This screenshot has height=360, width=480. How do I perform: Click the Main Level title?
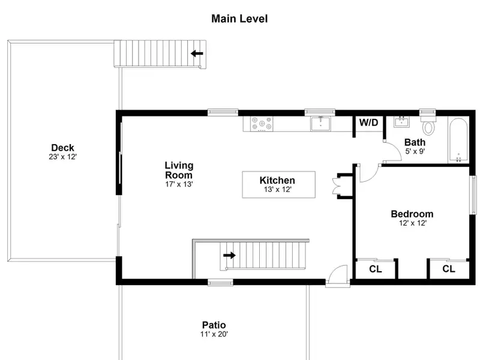click(239, 19)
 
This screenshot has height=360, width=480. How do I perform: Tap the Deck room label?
click(62, 148)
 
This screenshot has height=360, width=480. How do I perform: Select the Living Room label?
click(179, 170)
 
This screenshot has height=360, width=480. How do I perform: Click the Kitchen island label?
click(277, 181)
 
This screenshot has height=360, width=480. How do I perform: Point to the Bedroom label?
click(412, 214)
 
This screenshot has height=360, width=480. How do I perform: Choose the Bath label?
click(415, 142)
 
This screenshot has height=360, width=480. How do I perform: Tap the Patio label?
click(214, 325)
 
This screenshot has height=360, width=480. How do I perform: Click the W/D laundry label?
click(368, 122)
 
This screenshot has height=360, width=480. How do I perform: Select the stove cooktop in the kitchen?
click(262, 124)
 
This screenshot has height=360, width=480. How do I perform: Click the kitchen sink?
click(320, 124)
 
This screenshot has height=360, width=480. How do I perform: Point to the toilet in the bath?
click(428, 125)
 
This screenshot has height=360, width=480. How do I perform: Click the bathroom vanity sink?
click(401, 122)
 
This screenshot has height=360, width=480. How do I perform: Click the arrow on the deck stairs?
click(197, 53)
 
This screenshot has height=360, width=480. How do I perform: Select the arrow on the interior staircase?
click(229, 256)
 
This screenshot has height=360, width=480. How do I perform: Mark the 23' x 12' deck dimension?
click(62, 157)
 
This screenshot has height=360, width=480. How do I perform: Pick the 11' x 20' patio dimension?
click(214, 334)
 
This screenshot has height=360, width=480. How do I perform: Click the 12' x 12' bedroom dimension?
click(412, 223)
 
